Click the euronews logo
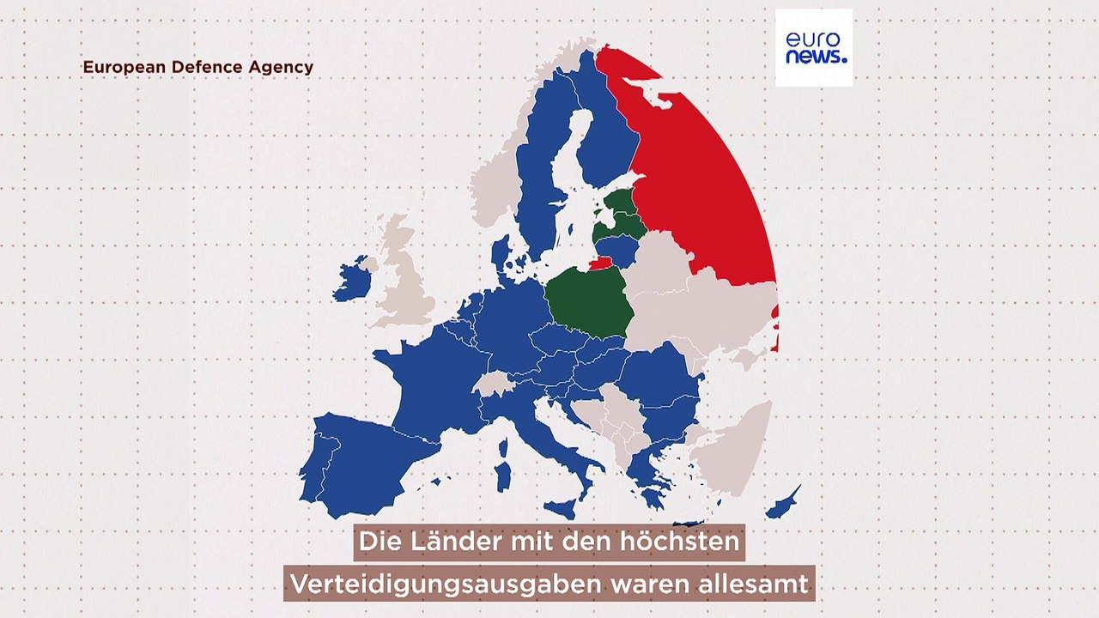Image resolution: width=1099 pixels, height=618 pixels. point(814,48)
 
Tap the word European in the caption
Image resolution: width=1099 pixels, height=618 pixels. point(118,67)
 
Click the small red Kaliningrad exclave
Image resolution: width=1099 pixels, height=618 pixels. point(600,263)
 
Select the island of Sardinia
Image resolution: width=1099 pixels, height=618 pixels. point(505,476)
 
